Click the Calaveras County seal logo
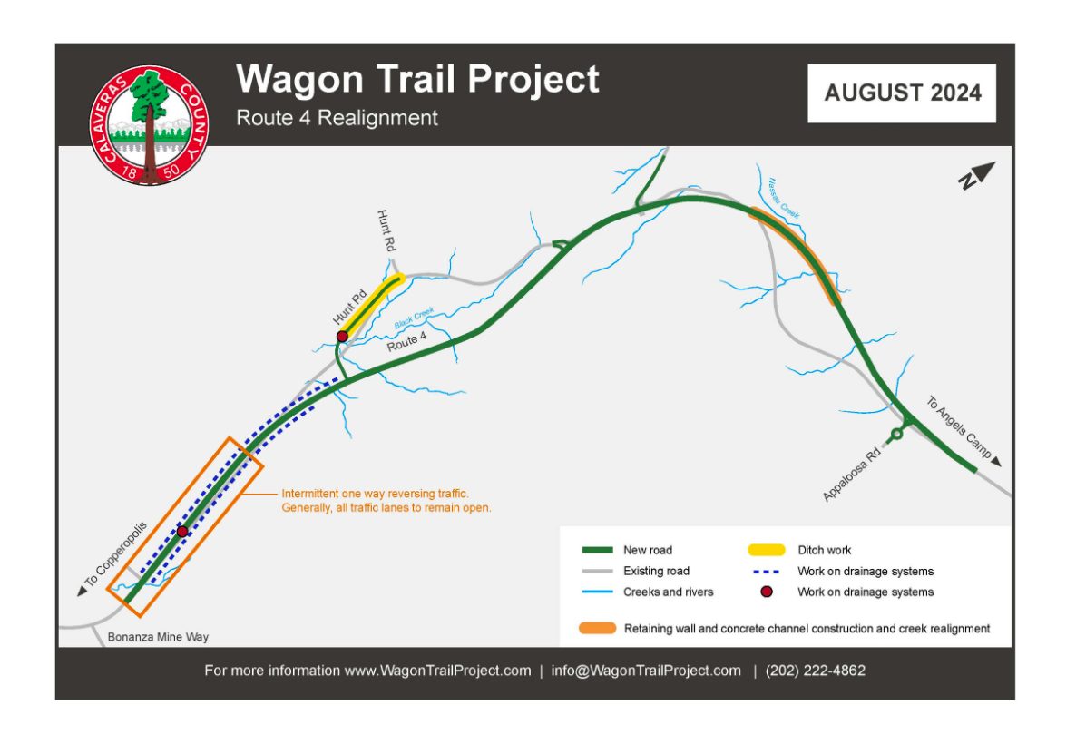coord(150,125)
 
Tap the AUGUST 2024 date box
coord(902,93)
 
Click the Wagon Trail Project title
coord(418,79)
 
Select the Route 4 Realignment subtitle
coord(337,118)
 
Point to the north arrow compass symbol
coord(976,176)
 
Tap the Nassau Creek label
coord(784,199)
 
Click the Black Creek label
coord(414,318)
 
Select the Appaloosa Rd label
coord(852,475)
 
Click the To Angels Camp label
coord(959,426)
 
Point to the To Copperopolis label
coord(115,555)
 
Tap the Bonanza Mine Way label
coord(158,637)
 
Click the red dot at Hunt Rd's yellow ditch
coord(342,337)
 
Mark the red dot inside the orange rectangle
coord(182,531)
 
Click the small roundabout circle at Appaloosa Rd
coord(896,435)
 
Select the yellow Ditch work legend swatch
coord(766,550)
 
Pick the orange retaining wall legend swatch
coord(597,628)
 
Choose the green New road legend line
coord(597,550)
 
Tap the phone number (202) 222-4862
coord(816,671)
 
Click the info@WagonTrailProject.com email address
coord(646,671)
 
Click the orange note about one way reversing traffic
coord(386,501)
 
